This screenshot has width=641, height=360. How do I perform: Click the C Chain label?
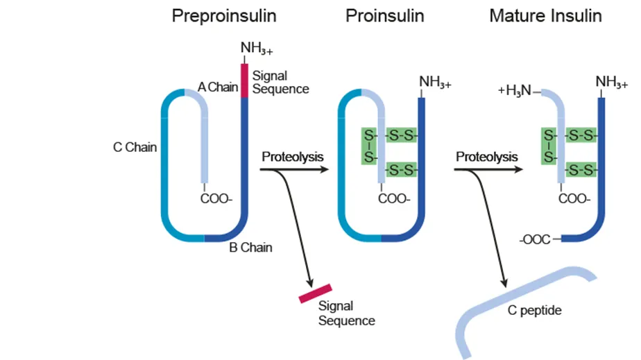point(135,147)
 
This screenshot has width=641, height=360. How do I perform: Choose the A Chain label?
point(218,87)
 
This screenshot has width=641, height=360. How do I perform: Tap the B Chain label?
point(250,247)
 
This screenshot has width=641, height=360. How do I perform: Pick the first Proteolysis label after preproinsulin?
point(292,157)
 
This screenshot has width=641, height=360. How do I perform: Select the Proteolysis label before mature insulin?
point(486,157)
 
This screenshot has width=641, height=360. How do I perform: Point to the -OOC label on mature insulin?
point(535,239)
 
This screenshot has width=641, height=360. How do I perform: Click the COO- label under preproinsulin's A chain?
point(216,198)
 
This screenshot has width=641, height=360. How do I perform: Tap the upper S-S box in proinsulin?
point(400,135)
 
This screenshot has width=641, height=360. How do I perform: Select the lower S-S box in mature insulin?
point(581,169)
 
